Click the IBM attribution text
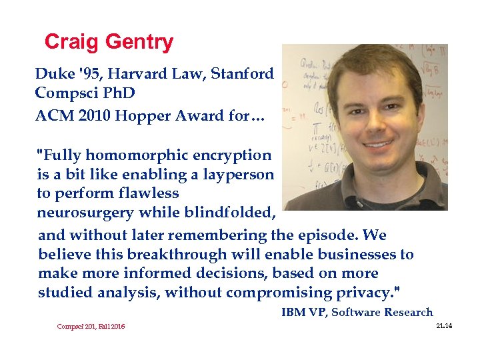click(x=357, y=312)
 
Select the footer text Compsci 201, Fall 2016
click(x=91, y=326)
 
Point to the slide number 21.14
click(x=443, y=325)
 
